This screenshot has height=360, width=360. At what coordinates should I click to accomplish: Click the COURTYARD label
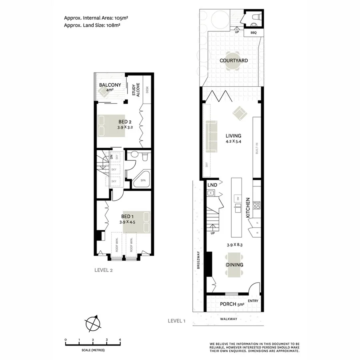pyautogui.click(x=234, y=61)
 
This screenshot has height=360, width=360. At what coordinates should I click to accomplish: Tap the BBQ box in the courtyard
pyautogui.click(x=254, y=33)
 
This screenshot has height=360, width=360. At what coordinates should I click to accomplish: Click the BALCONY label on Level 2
pyautogui.click(x=110, y=85)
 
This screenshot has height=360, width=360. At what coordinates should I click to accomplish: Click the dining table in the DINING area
pyautogui.click(x=234, y=265)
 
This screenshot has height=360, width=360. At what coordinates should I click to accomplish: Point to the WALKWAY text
pyautogui.click(x=229, y=319)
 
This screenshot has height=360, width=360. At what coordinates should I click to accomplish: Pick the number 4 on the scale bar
pyautogui.click(x=120, y=340)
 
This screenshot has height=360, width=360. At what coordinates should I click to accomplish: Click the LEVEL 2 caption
pyautogui.click(x=104, y=270)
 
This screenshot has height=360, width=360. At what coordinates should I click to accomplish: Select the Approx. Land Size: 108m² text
pyautogui.click(x=92, y=25)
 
